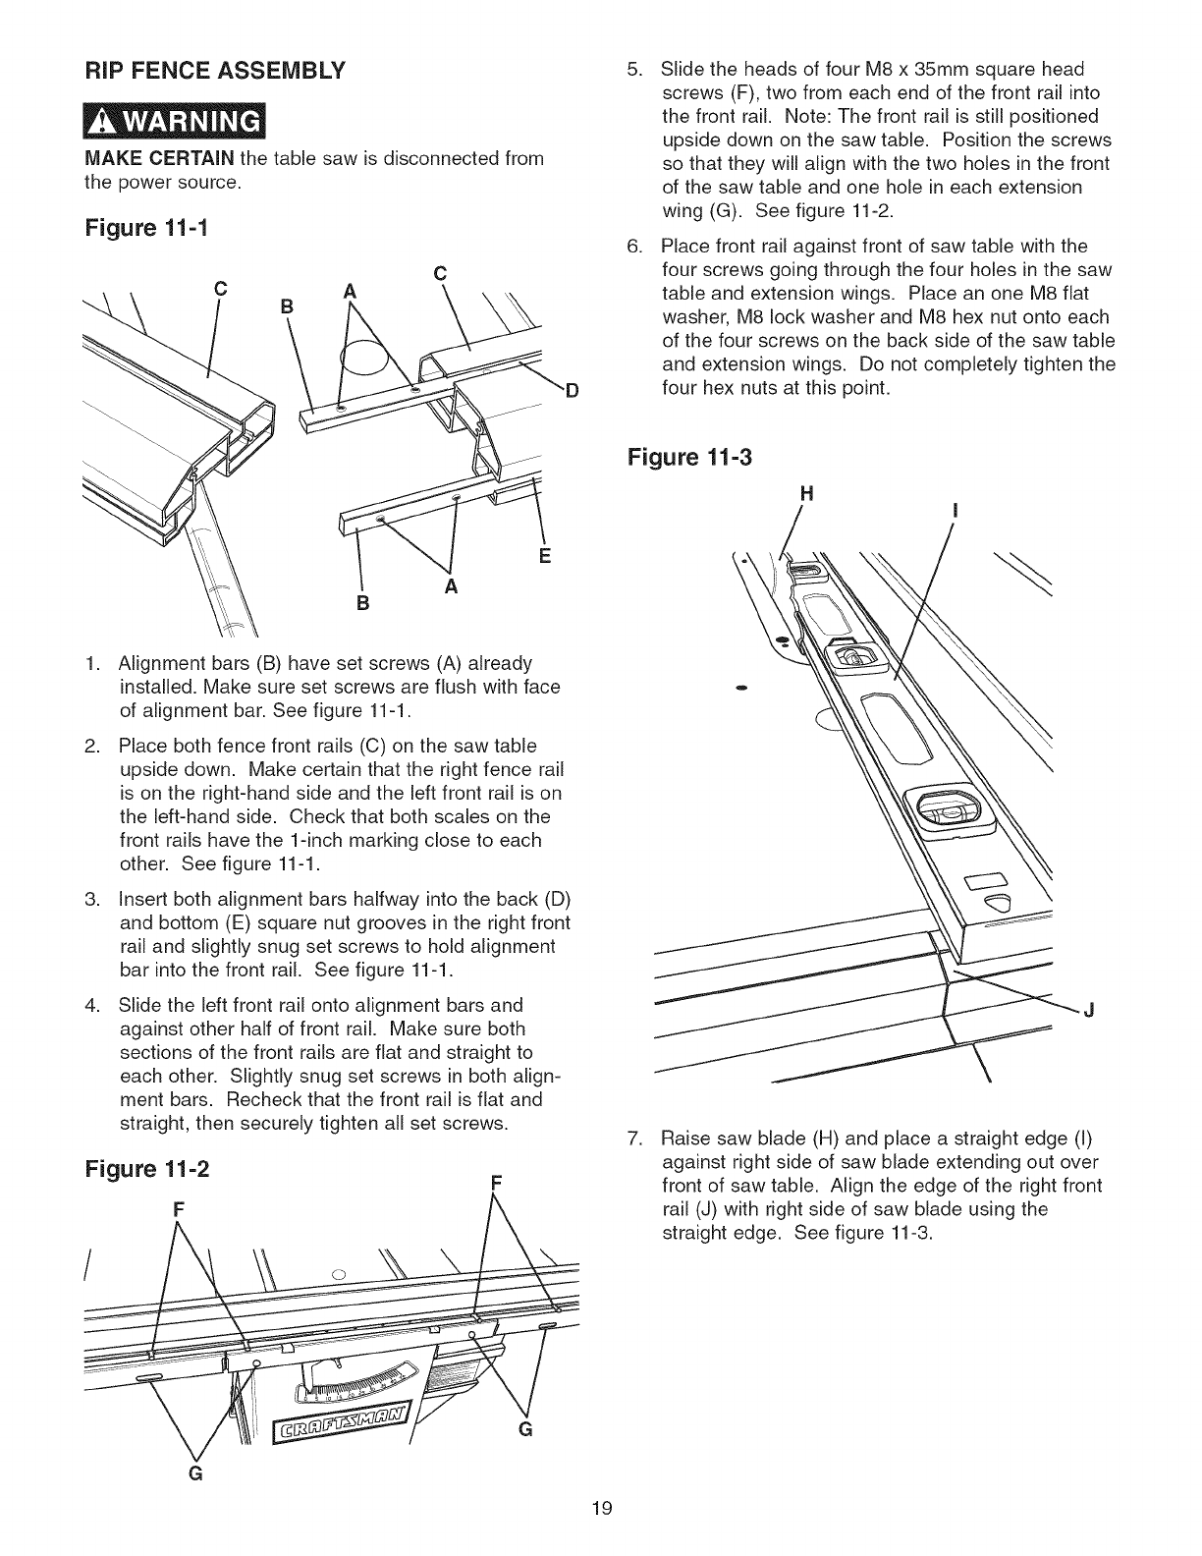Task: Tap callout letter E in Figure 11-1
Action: point(545,557)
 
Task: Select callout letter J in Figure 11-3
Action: point(1089,1011)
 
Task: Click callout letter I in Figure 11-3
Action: point(955,511)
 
